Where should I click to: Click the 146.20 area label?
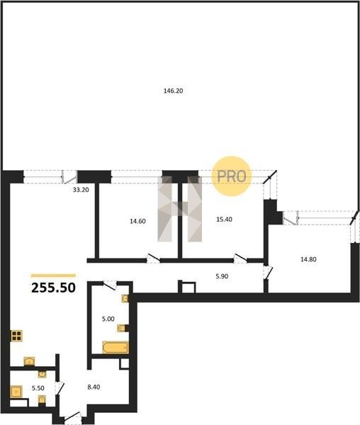click(173, 91)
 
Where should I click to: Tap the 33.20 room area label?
click(81, 190)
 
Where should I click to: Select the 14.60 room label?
click(137, 221)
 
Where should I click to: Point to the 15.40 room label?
click(224, 220)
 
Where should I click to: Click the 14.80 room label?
click(308, 259)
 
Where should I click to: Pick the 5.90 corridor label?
click(222, 276)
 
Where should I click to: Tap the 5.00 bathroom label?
click(108, 319)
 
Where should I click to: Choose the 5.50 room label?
click(38, 388)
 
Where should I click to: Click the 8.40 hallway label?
click(94, 387)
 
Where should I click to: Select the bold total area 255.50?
click(53, 288)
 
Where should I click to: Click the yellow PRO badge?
click(232, 176)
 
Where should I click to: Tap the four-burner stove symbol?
click(16, 336)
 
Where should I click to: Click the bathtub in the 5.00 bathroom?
click(116, 347)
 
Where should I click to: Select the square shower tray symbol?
click(16, 392)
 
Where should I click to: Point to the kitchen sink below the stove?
click(29, 361)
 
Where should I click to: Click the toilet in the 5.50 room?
click(42, 399)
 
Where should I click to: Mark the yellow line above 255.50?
click(53, 276)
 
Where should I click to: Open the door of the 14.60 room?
click(154, 258)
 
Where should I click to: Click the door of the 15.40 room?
click(240, 258)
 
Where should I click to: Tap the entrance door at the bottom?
click(73, 417)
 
